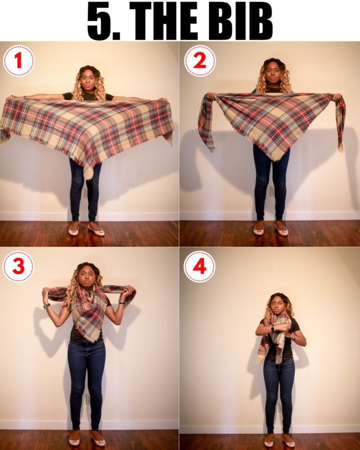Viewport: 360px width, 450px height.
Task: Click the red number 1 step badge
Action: [x=18, y=60]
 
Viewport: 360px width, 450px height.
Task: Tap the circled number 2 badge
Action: [x=199, y=60]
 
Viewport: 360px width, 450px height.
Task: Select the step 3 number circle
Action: [x=18, y=266]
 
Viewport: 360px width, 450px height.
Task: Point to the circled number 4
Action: [x=199, y=266]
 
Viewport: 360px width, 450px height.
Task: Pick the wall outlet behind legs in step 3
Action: [x=88, y=399]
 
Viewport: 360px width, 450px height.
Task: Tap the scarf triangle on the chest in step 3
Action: [x=88, y=315]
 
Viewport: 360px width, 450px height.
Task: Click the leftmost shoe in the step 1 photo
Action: [x=73, y=231]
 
